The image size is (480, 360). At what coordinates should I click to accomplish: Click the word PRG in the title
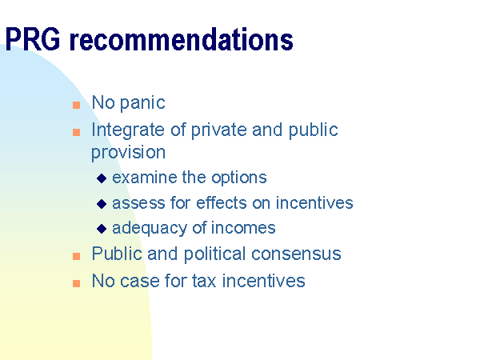(x=33, y=39)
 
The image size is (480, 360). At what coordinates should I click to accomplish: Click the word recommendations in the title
(x=182, y=39)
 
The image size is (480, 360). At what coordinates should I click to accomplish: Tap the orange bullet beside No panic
(x=76, y=106)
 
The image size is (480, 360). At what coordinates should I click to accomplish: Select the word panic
(x=142, y=103)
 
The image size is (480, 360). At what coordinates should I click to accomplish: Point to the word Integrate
(x=128, y=130)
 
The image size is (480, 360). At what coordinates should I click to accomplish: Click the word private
(x=219, y=130)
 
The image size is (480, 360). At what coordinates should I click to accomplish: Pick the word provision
(x=128, y=153)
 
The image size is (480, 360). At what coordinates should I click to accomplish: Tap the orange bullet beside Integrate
(x=76, y=132)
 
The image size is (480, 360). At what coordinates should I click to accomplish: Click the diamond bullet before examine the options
(x=102, y=178)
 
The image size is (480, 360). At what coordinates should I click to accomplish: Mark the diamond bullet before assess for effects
(x=102, y=203)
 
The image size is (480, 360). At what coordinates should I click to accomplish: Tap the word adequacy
(x=150, y=229)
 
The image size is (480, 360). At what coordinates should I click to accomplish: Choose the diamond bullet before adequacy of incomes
(x=102, y=229)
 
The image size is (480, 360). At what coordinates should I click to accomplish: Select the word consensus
(x=296, y=254)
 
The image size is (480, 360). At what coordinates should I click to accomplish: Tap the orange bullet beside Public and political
(x=76, y=256)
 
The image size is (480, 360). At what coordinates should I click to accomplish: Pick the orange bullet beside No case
(x=76, y=283)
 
